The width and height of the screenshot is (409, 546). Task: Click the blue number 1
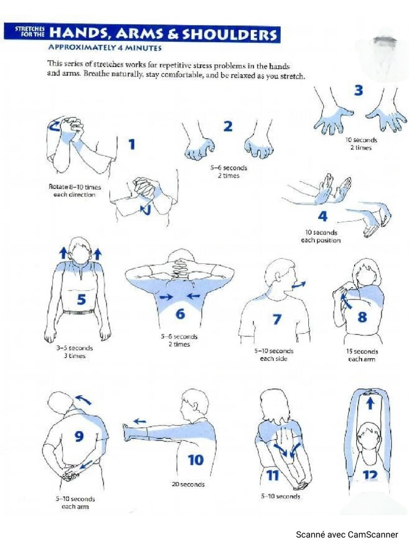131,144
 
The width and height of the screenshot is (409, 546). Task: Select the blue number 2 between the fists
228,126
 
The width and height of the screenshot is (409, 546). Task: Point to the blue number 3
358,91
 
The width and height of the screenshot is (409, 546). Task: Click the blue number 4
323,216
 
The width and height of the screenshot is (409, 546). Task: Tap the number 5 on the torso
81,300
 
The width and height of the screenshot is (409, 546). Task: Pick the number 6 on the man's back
180,314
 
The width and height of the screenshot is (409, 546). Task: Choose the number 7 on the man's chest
276,319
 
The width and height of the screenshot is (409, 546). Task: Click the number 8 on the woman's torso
362,317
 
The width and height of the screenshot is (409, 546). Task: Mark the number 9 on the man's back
79,437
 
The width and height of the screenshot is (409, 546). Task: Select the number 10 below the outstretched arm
195,459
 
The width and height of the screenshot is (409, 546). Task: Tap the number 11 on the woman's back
272,475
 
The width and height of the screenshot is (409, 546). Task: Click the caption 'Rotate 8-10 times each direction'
75,191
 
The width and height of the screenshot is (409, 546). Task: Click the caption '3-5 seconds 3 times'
74,352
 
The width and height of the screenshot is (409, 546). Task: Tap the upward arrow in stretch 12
370,404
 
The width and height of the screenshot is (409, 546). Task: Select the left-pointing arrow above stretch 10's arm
140,421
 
